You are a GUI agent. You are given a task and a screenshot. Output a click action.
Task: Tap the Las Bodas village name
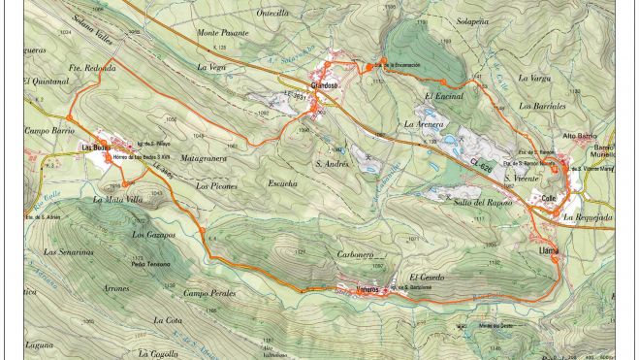94,147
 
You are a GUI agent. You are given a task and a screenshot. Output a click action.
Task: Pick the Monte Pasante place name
223,32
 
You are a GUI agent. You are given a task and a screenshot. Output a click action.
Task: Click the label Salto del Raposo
482,202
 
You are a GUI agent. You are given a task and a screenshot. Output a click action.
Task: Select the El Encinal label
444,96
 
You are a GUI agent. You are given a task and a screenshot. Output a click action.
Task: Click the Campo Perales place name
209,293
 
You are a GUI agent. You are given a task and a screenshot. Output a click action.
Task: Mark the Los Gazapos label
153,235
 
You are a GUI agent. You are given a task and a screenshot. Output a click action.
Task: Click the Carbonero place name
354,254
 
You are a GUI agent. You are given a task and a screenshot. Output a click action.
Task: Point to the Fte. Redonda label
93,68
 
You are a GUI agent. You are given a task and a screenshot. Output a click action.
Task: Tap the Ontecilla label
272,14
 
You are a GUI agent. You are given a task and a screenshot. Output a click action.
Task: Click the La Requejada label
588,217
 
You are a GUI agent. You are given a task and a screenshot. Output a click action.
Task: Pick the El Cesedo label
427,278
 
